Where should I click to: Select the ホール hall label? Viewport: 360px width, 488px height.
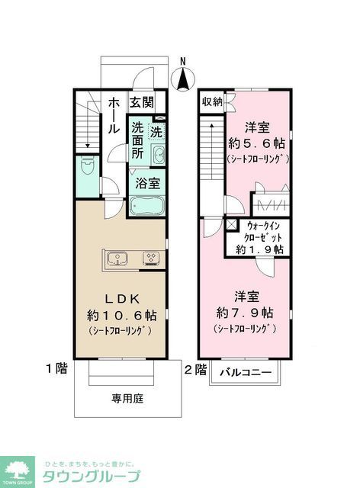pos(113,115)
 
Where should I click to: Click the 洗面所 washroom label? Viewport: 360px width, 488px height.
pos(137,140)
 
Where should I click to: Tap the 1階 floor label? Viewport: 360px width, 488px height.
pos(56,369)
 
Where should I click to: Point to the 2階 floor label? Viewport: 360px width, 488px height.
pos(194,369)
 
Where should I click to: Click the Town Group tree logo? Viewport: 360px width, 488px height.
pos(16,471)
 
